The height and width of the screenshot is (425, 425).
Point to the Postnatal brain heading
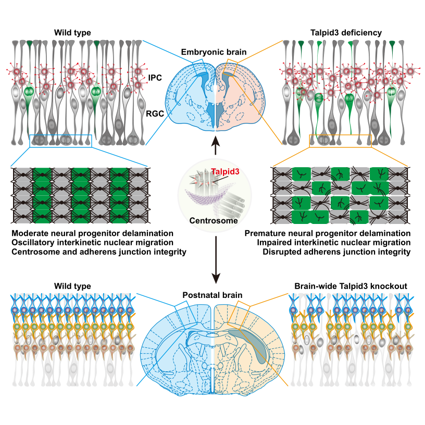point(212,295)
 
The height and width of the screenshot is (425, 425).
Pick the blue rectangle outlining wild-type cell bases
point(60,140)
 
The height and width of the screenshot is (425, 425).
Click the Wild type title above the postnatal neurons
point(72,286)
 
